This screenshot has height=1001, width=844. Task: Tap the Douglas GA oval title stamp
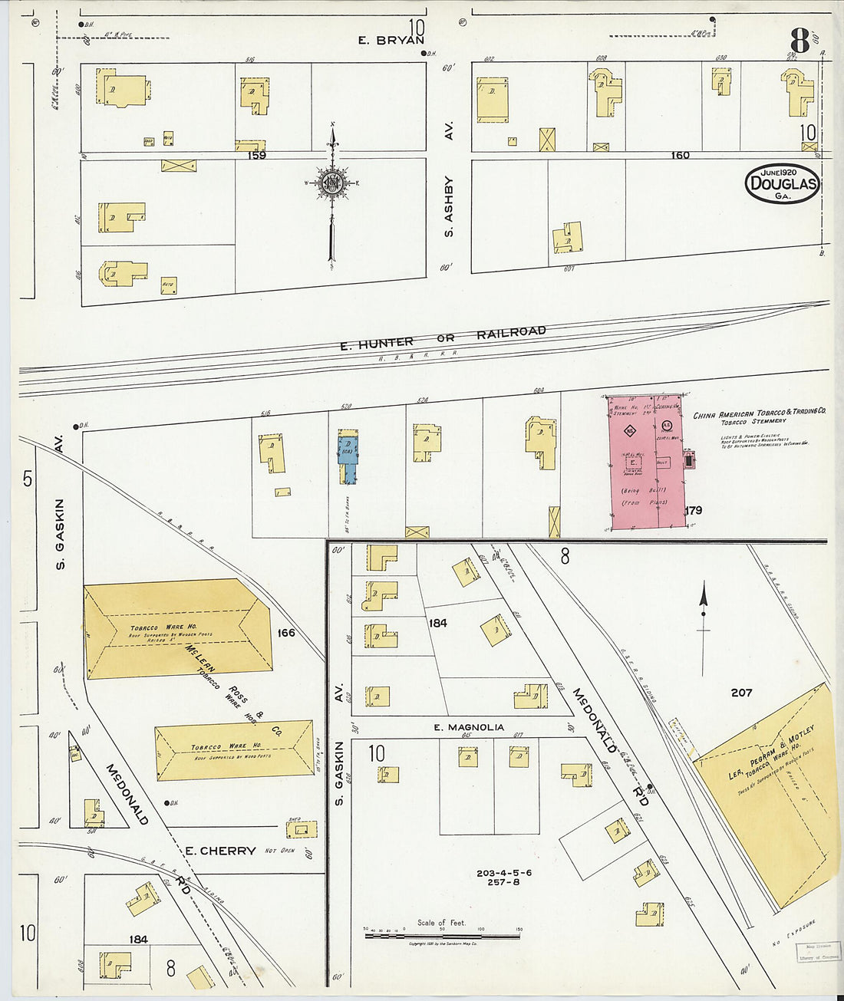click(782, 183)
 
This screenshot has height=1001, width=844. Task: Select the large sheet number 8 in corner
click(799, 41)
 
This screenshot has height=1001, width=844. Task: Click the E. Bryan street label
click(391, 41)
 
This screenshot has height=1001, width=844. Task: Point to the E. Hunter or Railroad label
click(443, 338)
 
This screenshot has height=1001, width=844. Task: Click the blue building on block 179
click(348, 459)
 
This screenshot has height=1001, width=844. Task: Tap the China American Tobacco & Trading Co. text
click(759, 414)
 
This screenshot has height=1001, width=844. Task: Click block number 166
click(286, 633)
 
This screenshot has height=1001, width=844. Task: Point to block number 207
click(741, 693)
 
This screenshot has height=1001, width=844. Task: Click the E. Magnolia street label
click(468, 727)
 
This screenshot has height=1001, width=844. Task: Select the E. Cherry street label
click(221, 851)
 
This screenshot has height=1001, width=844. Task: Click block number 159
click(256, 155)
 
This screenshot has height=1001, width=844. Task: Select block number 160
click(680, 155)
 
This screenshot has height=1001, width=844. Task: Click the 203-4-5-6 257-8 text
click(503, 878)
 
